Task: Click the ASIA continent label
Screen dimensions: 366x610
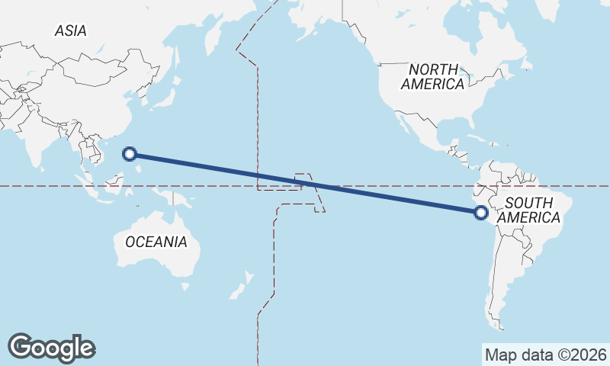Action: tap(70, 31)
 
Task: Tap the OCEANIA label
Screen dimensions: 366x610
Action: tap(156, 242)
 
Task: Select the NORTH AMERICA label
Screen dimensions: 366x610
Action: tap(432, 76)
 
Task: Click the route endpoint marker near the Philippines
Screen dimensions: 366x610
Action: tap(130, 154)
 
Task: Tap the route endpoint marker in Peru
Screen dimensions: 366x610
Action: tap(480, 213)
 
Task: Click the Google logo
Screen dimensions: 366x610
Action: tap(51, 347)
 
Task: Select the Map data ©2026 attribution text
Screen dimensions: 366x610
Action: tap(545, 355)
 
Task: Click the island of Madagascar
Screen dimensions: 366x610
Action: tap(2, 229)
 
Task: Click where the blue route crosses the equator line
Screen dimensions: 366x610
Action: tap(317, 185)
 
